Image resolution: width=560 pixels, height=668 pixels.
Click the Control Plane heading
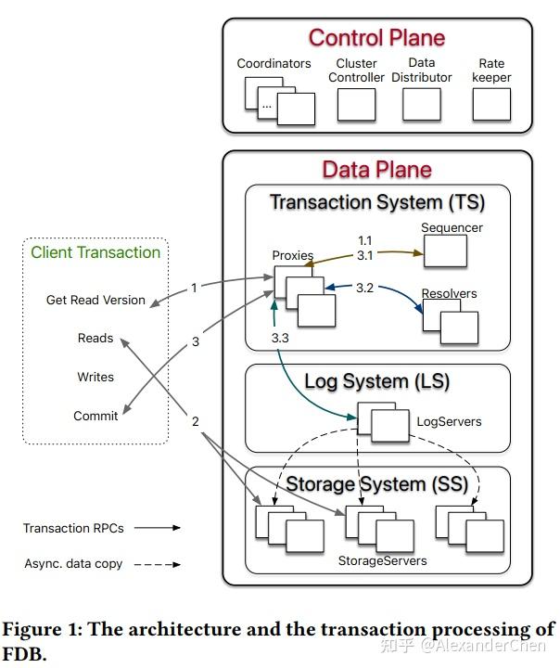click(376, 38)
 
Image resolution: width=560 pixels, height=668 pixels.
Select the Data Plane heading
click(376, 170)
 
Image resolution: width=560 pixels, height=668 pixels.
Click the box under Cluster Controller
click(356, 105)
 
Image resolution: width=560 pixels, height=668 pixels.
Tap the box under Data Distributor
click(422, 105)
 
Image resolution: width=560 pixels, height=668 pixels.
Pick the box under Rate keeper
click(491, 105)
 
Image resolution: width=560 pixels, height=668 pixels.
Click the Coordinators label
click(274, 64)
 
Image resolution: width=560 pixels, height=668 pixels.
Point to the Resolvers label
click(449, 294)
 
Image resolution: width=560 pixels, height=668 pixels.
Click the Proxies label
click(293, 256)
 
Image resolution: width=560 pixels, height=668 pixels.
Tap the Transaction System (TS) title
click(376, 202)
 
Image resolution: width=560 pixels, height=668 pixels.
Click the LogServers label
click(449, 421)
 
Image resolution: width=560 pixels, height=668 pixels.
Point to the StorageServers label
click(382, 560)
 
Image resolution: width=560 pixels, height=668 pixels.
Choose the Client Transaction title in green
click(95, 252)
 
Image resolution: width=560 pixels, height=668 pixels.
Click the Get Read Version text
click(95, 300)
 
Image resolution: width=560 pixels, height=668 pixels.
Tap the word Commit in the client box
click(95, 416)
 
